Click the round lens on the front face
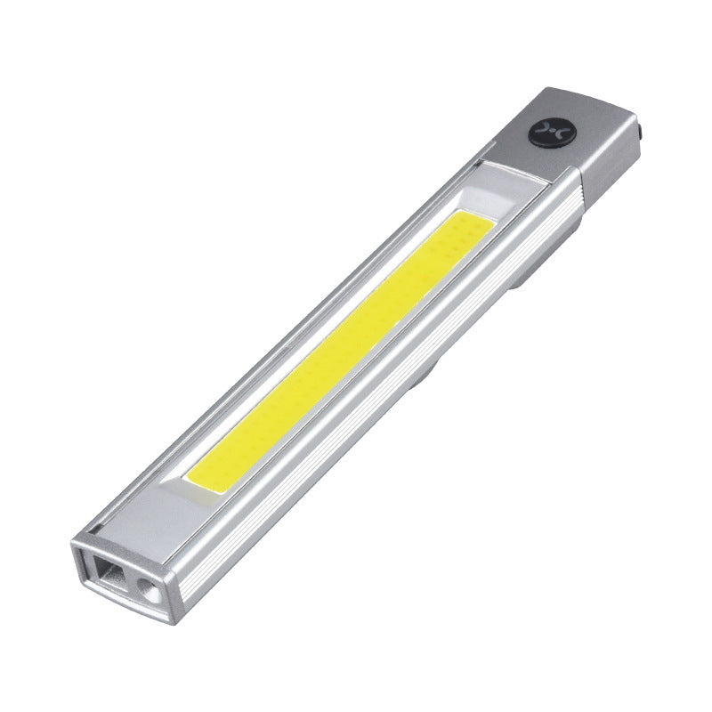[145, 587]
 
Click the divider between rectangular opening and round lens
[129, 579]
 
